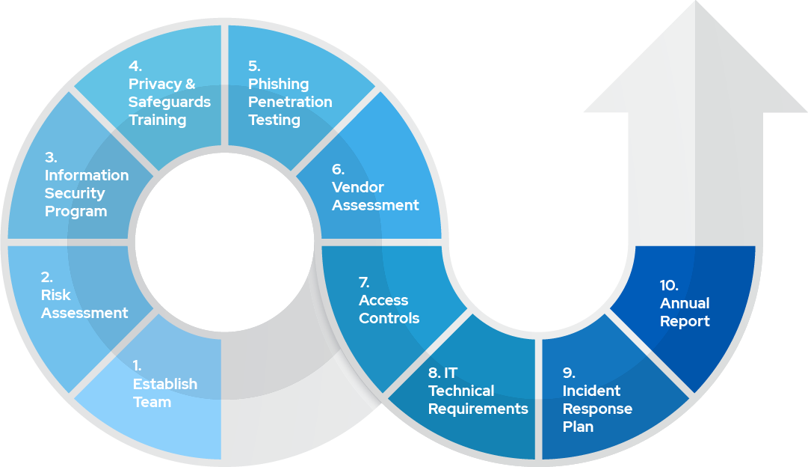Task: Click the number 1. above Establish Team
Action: [x=138, y=365]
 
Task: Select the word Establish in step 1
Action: [x=164, y=384]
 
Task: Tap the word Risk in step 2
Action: [x=56, y=295]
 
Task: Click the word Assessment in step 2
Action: [x=84, y=313]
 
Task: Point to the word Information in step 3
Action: [x=87, y=175]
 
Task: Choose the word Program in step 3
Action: [x=75, y=211]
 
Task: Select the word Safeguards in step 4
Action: [x=170, y=102]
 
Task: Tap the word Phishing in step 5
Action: [x=278, y=84]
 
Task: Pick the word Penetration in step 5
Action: [x=290, y=102]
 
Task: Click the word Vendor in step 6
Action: [x=358, y=187]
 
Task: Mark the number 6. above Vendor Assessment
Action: [x=338, y=169]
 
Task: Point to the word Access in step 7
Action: [x=383, y=300]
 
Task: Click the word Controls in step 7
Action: [x=389, y=318]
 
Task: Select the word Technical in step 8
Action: [x=461, y=391]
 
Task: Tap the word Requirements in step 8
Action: [x=478, y=409]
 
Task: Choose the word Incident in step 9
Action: [x=591, y=391]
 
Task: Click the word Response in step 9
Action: [x=597, y=409]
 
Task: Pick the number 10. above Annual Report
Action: [x=669, y=285]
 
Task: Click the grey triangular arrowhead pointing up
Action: [x=695, y=67]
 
